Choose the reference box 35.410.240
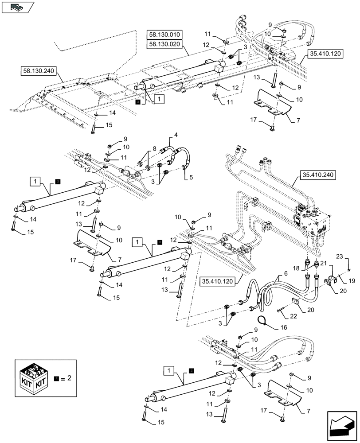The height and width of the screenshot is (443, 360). pyautogui.click(x=318, y=175)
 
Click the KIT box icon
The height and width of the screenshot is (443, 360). pyautogui.click(x=33, y=381)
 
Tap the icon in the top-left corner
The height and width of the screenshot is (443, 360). pyautogui.click(x=17, y=7)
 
